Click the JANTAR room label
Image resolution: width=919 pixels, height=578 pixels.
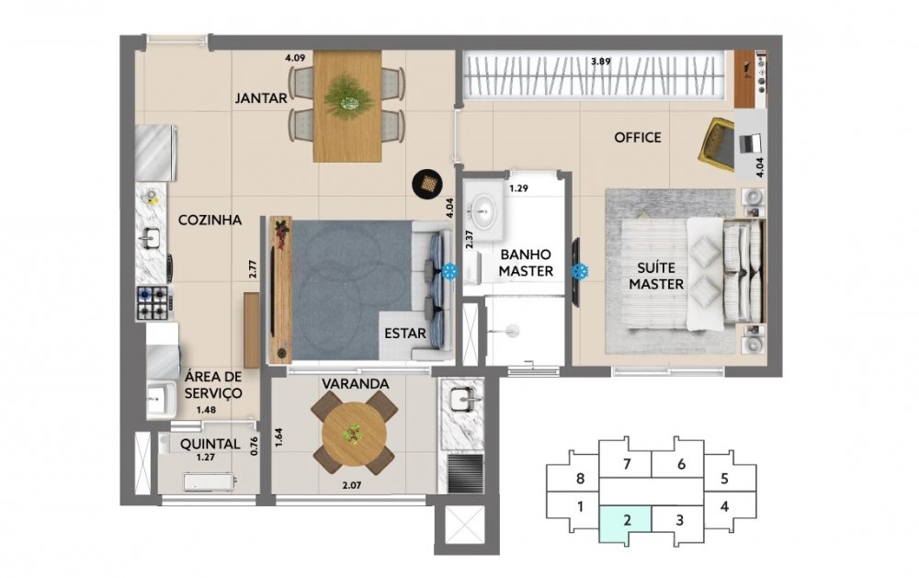[x=261, y=98]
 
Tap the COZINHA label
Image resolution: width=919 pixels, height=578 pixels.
[x=210, y=220]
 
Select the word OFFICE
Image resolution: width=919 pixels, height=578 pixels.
[x=638, y=137]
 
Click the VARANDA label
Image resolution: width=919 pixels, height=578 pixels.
[x=355, y=384]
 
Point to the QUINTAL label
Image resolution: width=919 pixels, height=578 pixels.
[x=210, y=444]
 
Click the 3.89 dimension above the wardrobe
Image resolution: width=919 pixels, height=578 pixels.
[x=601, y=61]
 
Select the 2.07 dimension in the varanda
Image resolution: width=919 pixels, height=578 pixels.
[x=352, y=485]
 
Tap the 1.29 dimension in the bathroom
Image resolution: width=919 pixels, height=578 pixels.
[x=518, y=188]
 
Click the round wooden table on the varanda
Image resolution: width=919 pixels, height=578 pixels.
[x=354, y=434]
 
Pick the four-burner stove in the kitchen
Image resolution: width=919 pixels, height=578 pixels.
[x=154, y=302]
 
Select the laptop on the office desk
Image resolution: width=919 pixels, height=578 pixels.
[x=750, y=143]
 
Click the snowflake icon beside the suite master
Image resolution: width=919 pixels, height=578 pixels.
[x=580, y=271]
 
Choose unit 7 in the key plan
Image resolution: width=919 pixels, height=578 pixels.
[x=627, y=464]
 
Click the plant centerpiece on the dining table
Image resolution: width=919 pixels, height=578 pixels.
[x=348, y=99]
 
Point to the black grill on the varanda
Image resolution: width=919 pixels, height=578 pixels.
[x=466, y=472]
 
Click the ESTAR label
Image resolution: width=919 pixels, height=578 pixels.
[x=405, y=334]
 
